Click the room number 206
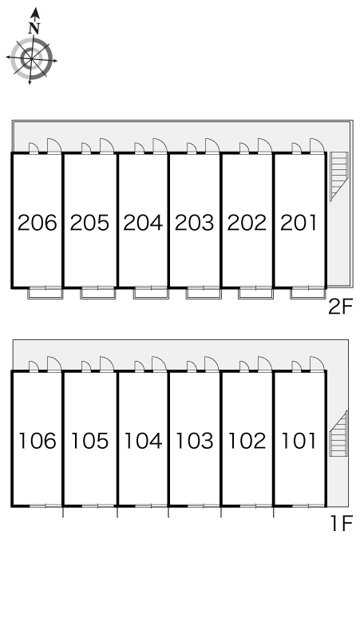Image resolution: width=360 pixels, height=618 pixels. click(x=38, y=223)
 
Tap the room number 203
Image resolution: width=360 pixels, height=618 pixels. click(x=195, y=223)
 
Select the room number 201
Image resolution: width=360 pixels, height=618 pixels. click(x=299, y=223)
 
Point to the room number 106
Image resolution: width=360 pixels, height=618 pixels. click(x=38, y=441)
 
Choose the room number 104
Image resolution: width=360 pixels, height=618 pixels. click(x=143, y=441)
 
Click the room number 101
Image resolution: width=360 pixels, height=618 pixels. click(x=299, y=441)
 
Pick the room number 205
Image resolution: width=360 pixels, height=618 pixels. click(x=90, y=223)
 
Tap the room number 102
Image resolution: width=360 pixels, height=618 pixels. click(x=247, y=441)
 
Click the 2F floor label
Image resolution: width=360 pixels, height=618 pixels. click(x=341, y=307)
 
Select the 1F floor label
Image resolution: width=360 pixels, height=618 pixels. click(x=341, y=525)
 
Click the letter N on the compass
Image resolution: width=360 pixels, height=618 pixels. click(x=34, y=28)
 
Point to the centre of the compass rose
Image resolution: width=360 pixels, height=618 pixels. click(x=31, y=59)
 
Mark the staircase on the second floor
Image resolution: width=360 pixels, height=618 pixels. click(x=339, y=176)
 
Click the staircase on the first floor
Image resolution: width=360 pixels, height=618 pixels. click(x=338, y=434)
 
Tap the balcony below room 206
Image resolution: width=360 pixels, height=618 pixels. click(x=45, y=294)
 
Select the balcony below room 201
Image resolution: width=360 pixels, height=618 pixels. click(x=308, y=294)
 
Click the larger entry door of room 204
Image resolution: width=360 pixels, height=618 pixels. click(x=160, y=145)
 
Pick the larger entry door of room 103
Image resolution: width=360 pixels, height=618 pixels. click(x=212, y=364)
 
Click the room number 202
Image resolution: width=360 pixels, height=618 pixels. click(x=247, y=223)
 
